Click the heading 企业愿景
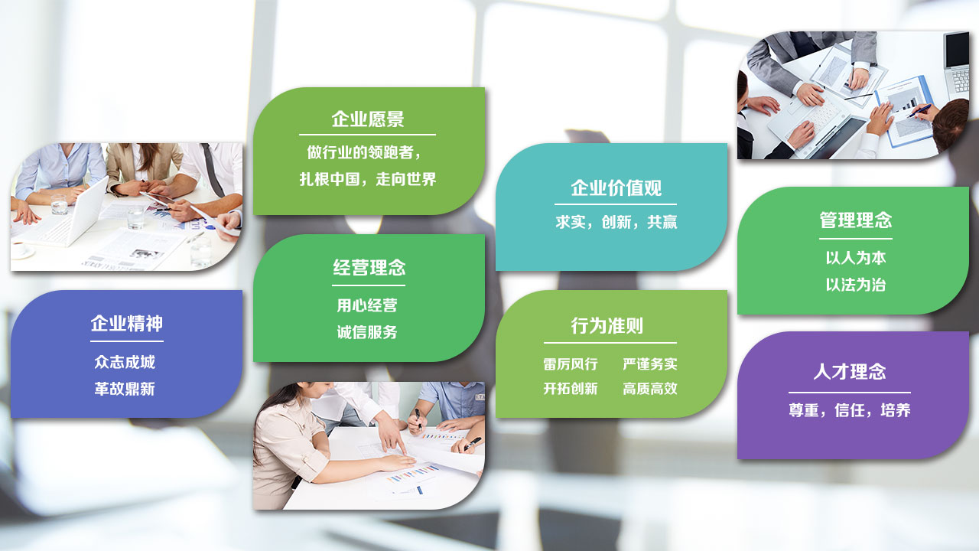[368, 119]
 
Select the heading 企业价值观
[616, 188]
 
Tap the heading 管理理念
[855, 220]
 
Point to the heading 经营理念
[369, 268]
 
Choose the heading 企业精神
[127, 324]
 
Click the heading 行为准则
[607, 326]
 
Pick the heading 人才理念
[850, 372]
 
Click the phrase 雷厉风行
[571, 364]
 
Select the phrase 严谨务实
[650, 364]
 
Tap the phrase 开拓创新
[571, 388]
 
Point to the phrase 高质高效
[650, 388]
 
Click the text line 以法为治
[856, 285]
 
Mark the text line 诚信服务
[367, 332]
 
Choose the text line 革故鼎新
[125, 389]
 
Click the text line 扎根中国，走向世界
[368, 179]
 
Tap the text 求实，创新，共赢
[616, 222]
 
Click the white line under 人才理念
[850, 393]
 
